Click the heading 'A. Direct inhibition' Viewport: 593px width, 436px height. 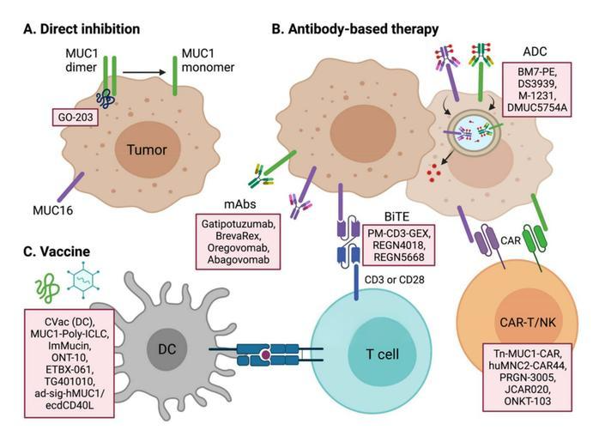(x=82, y=28)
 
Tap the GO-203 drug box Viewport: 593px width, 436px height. (x=76, y=118)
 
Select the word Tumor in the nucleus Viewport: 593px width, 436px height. (x=147, y=149)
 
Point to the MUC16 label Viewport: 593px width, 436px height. (x=52, y=210)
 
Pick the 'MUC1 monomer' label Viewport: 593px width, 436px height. (x=208, y=60)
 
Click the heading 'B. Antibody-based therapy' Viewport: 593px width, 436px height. (x=355, y=28)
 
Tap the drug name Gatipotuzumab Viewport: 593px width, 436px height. (x=238, y=224)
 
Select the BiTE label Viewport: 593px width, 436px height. (x=396, y=216)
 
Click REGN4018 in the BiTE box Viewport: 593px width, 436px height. (x=399, y=245)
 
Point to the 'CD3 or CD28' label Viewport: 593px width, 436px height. (x=395, y=280)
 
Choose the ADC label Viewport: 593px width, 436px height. (x=535, y=51)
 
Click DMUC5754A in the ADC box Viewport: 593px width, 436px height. (x=537, y=108)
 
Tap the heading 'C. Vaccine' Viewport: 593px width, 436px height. (x=57, y=251)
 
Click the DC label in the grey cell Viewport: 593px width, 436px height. (x=166, y=348)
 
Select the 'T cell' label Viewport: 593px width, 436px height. (x=383, y=354)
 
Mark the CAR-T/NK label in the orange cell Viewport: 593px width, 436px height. (x=528, y=322)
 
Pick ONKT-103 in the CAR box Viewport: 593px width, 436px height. (x=527, y=401)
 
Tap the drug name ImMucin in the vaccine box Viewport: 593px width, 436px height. (x=70, y=346)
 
